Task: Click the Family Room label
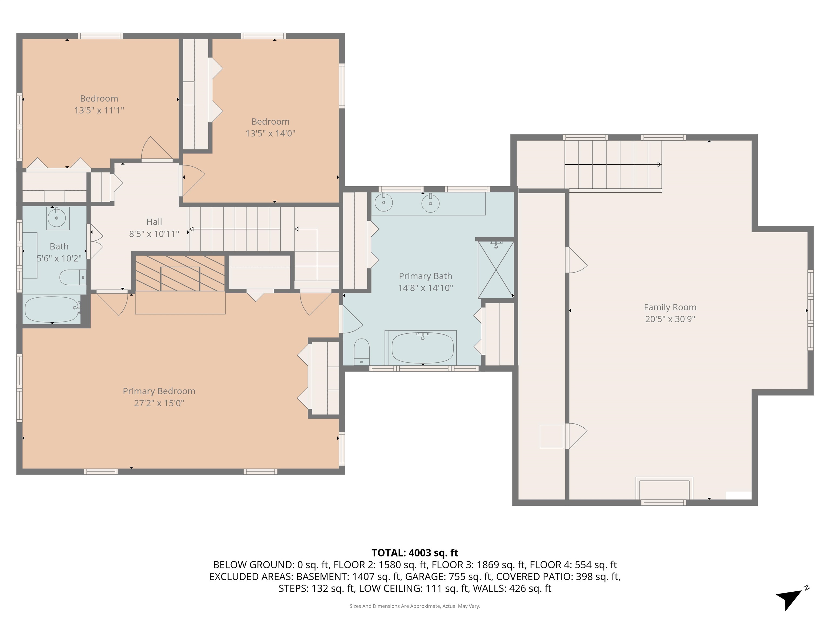click(x=670, y=307)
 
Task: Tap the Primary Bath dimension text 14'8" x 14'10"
click(x=426, y=288)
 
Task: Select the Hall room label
click(x=154, y=222)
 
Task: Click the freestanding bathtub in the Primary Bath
click(x=423, y=347)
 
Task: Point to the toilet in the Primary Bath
click(x=362, y=352)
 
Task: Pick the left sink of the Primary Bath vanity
click(x=383, y=203)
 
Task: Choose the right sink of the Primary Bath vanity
click(x=430, y=204)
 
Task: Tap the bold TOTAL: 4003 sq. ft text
click(x=415, y=553)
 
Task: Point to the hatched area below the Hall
click(x=180, y=273)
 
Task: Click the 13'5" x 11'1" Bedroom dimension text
click(x=99, y=110)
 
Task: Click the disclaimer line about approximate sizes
click(x=415, y=606)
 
